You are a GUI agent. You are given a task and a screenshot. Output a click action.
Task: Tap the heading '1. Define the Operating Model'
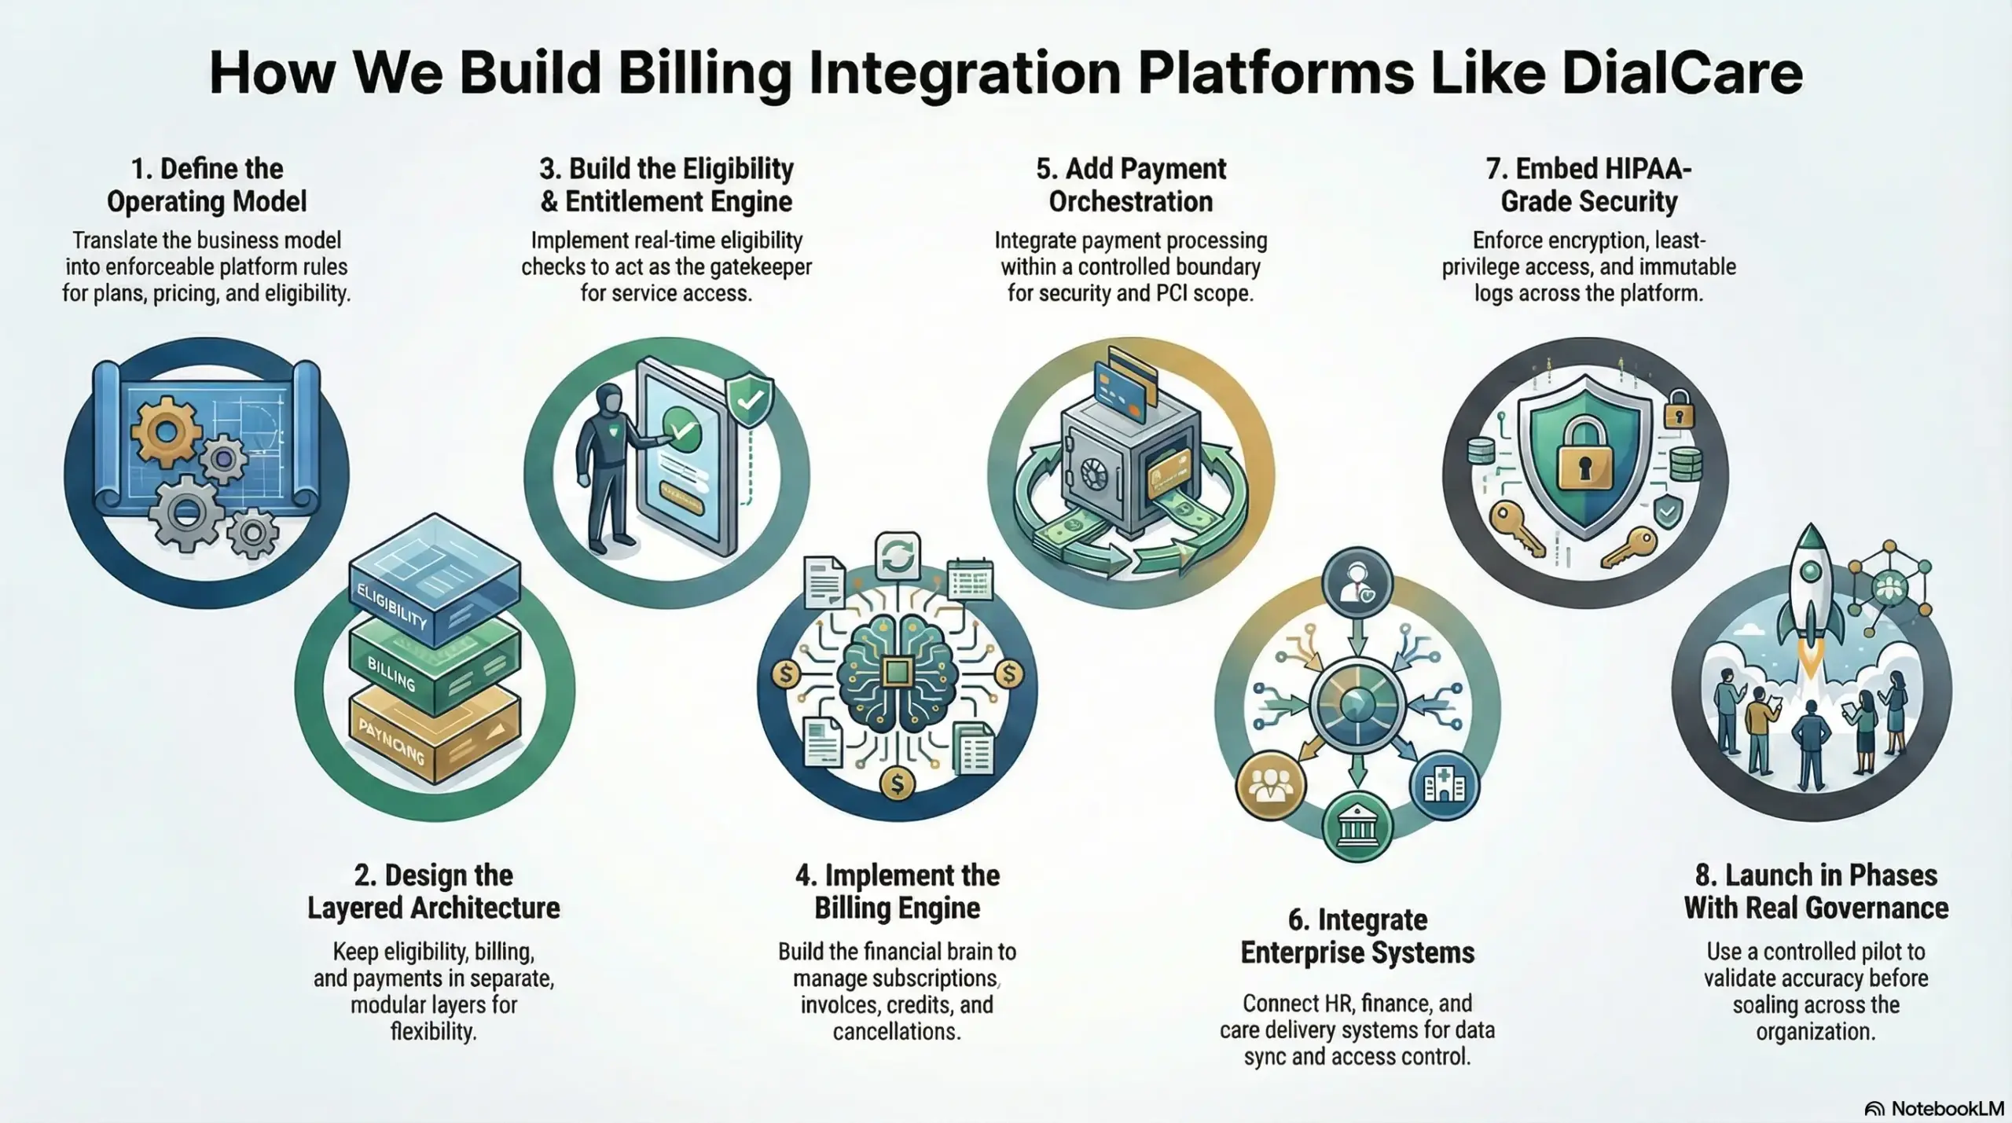coord(207,185)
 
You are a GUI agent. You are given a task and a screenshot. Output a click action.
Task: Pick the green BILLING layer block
coord(434,666)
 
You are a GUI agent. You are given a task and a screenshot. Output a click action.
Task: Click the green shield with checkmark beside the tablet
coord(748,399)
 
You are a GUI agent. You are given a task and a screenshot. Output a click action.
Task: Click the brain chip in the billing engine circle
coord(897,673)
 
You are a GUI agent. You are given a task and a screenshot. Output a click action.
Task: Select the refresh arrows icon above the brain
coord(898,558)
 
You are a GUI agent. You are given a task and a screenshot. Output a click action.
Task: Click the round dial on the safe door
coord(1093,475)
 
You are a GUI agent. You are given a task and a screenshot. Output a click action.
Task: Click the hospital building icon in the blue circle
coord(1445,785)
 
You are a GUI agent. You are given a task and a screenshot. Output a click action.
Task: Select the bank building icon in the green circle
coord(1357,827)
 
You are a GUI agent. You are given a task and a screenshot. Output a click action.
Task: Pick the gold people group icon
coord(1270,785)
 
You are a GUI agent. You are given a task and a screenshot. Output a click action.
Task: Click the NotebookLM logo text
coord(1947,1108)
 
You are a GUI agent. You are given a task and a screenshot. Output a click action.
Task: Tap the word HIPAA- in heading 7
coord(1643,169)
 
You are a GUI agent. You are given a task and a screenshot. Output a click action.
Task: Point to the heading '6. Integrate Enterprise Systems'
coord(1357,936)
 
